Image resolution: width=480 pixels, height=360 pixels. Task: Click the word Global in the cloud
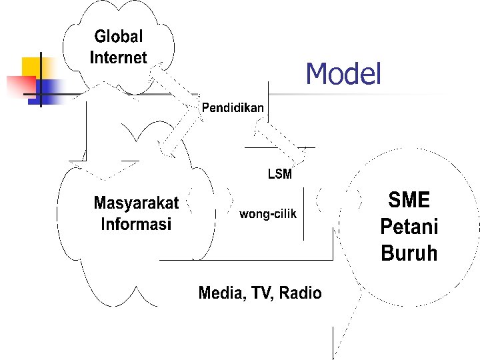(118, 37)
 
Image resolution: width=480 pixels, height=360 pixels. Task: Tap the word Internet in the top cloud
(118, 57)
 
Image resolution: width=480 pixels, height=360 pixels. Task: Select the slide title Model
(343, 74)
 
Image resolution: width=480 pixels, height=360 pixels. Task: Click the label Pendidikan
(233, 107)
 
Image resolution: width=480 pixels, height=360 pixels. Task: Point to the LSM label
(280, 175)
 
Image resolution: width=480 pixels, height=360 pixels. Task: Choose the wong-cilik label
(267, 214)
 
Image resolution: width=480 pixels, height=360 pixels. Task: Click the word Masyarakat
(136, 203)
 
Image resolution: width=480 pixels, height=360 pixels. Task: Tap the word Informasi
(136, 224)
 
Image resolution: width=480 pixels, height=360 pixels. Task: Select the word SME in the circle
(409, 200)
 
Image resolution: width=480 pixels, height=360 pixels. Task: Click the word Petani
(409, 227)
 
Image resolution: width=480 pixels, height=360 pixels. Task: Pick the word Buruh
(409, 254)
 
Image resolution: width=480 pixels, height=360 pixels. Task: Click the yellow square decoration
(29, 67)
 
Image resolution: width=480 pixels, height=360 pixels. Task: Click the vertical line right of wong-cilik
(304, 213)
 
